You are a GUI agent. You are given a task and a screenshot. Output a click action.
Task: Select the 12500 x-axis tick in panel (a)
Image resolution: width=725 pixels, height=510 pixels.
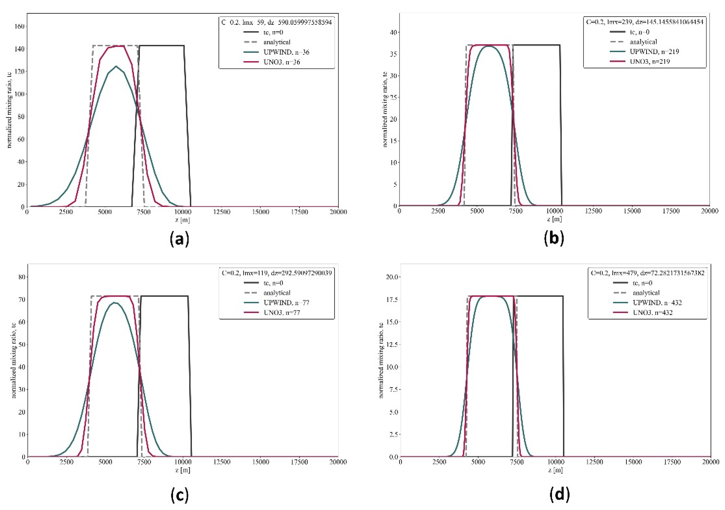(221, 212)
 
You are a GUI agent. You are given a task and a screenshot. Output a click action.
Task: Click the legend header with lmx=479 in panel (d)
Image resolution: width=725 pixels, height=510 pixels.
(647, 273)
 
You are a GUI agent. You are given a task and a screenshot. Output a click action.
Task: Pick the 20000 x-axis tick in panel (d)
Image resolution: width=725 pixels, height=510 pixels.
(710, 462)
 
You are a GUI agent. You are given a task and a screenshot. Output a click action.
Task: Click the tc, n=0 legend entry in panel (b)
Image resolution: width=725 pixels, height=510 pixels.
(639, 32)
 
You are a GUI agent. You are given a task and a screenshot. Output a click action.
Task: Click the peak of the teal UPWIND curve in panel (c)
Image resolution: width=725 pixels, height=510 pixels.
(115, 302)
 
